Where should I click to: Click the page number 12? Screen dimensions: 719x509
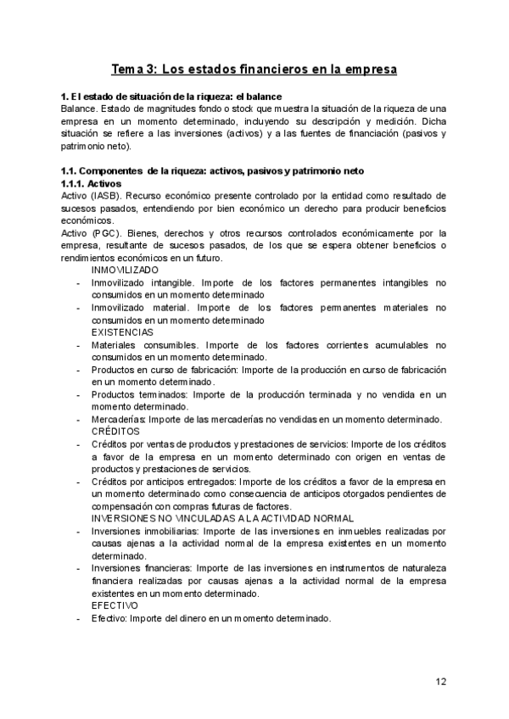point(441,681)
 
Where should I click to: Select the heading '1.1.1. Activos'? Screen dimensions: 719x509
point(92,183)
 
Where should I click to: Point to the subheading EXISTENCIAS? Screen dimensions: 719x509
point(123,332)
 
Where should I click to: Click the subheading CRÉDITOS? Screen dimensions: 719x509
point(116,432)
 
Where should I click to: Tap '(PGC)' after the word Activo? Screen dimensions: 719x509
point(106,232)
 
